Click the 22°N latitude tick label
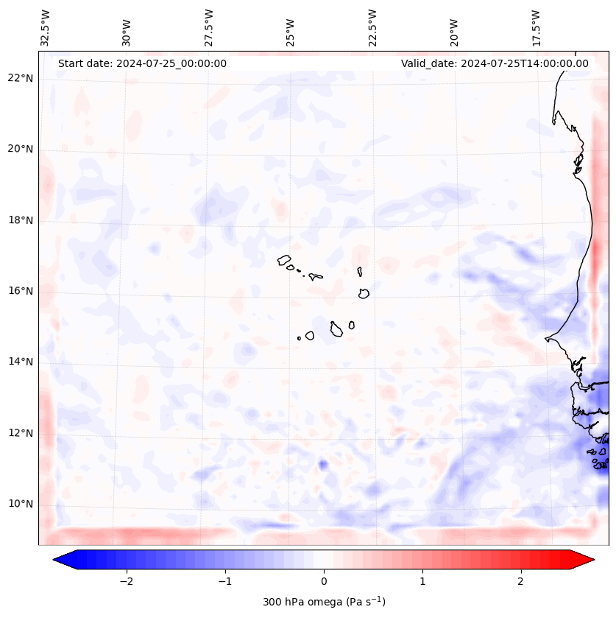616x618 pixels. tap(21, 79)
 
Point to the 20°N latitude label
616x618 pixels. tap(21, 150)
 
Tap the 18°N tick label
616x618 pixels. tap(21, 220)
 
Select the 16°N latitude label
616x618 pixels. tap(21, 291)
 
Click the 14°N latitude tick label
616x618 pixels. tap(21, 362)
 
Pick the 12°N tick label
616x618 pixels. tap(21, 433)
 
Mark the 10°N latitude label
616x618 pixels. tap(21, 504)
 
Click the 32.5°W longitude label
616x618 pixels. tap(46, 28)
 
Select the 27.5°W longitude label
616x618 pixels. tap(209, 28)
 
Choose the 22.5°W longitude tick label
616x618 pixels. tap(372, 28)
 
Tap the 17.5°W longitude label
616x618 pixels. tap(536, 28)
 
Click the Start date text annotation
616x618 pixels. tap(142, 63)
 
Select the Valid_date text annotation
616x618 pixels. tap(495, 63)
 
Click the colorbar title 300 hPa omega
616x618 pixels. tap(324, 602)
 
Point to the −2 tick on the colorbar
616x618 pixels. tap(126, 580)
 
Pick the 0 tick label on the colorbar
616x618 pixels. tap(324, 580)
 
